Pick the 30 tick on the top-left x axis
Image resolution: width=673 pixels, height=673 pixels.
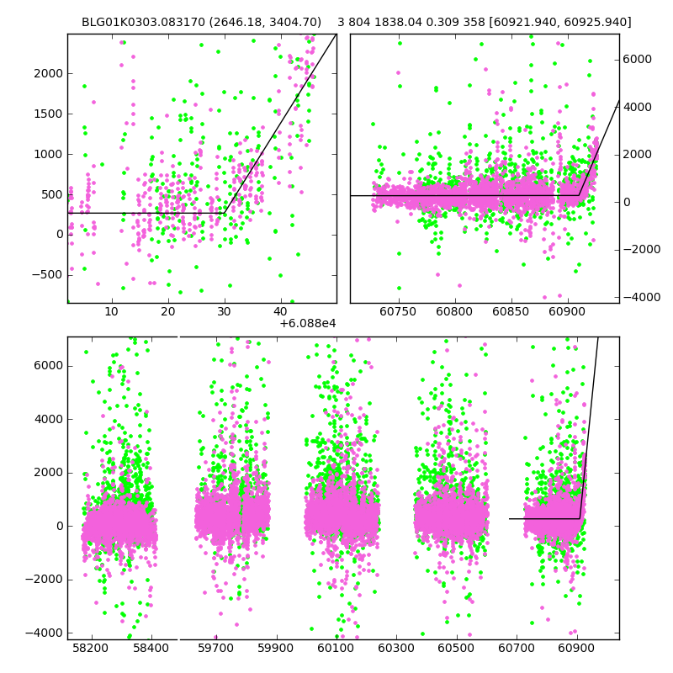click(225, 313)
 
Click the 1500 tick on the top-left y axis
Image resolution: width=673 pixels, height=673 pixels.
click(47, 114)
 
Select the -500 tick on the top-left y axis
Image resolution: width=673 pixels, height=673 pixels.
click(47, 275)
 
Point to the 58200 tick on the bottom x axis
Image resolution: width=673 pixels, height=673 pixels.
click(90, 649)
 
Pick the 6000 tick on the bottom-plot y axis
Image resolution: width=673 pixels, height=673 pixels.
click(47, 365)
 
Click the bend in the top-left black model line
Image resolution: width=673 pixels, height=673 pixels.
click(225, 213)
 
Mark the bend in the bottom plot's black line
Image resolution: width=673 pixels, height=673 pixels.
click(580, 518)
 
